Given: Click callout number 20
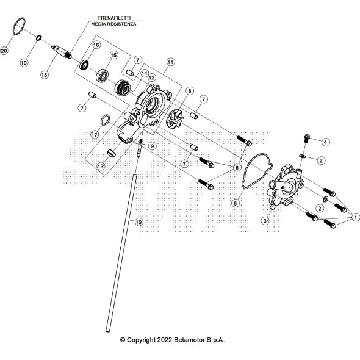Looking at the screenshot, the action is [4, 51].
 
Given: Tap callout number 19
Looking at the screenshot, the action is [24, 62].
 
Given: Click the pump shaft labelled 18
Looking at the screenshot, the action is [61, 52].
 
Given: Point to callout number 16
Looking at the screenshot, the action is [96, 45].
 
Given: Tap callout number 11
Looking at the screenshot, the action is [170, 62].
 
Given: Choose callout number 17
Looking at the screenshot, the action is [95, 135].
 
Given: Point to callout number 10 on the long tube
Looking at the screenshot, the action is [139, 222].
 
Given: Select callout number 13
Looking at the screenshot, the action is [101, 166].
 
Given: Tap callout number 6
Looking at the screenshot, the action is [237, 167].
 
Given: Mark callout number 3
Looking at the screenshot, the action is [265, 221].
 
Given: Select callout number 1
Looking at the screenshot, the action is [356, 217].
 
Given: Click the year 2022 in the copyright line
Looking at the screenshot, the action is [165, 340].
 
